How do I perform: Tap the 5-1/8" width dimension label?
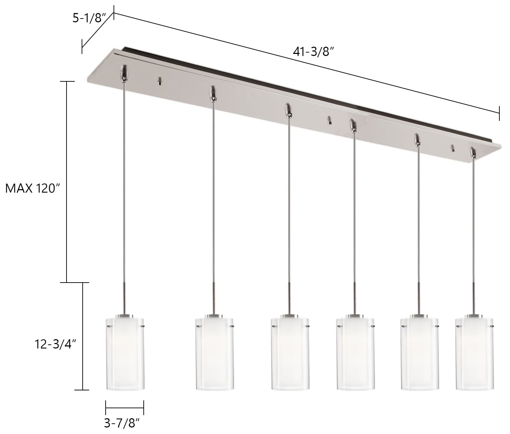click(88, 18)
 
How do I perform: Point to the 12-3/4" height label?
click(55, 344)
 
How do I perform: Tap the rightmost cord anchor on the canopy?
click(473, 152)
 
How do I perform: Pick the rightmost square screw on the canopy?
click(453, 149)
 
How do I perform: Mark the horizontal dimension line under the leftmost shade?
click(124, 408)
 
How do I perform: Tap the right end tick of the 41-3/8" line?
click(499, 113)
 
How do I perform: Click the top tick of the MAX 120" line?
click(67, 81)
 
